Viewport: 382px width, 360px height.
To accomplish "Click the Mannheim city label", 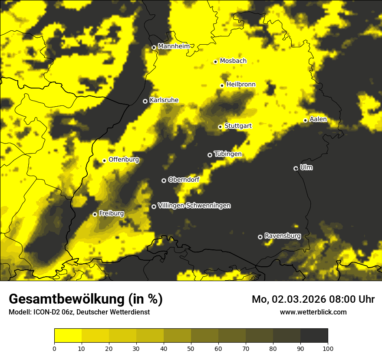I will tap(175, 46).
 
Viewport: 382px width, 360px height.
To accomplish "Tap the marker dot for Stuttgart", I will tap(220, 127).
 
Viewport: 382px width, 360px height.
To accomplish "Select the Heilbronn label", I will tap(241, 85).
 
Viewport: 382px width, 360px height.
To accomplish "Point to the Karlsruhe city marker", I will tap(145, 101).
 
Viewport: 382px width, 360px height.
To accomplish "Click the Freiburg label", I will tap(112, 213).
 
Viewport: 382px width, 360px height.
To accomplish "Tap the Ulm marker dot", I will tap(296, 168).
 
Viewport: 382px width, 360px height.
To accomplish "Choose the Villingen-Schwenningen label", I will tap(194, 206).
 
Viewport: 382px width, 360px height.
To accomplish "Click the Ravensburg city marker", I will tap(260, 237).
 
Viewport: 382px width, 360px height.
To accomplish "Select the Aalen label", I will tap(318, 119).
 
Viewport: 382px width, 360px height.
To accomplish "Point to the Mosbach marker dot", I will tap(215, 62).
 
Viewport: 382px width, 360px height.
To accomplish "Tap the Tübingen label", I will tap(228, 154).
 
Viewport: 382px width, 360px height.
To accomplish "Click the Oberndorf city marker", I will tap(164, 180).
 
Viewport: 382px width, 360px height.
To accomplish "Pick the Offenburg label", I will tap(124, 160).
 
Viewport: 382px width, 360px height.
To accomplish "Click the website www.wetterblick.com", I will tap(313, 312).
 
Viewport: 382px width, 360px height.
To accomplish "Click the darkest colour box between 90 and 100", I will tap(314, 335).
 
